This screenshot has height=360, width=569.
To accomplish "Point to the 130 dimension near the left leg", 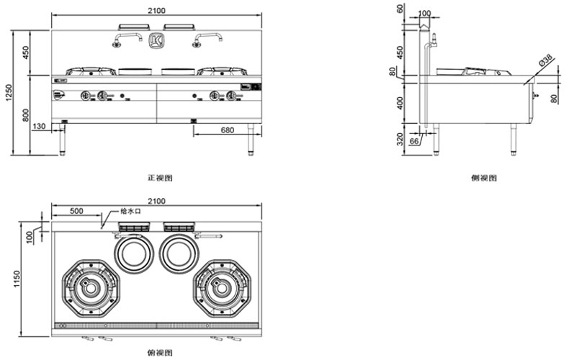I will pyautogui.click(x=39, y=127).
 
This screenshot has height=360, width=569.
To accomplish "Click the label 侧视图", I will pyautogui.click(x=485, y=177).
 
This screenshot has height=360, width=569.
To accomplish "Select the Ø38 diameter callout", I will pyautogui.click(x=547, y=64).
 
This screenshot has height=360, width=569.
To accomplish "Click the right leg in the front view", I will pyautogui.click(x=253, y=139).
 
